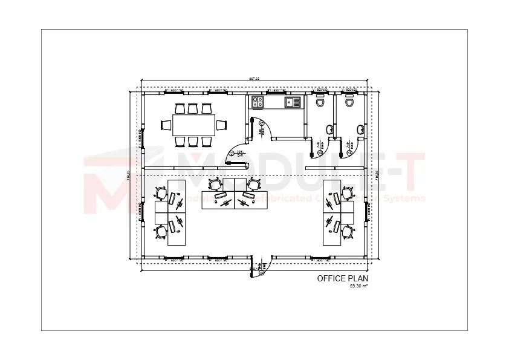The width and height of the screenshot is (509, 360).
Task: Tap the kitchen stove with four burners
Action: point(258,102)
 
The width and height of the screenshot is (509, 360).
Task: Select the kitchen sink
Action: point(293,102)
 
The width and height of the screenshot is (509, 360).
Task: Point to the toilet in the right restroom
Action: point(349,102)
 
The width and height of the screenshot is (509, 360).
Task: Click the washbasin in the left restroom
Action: point(329,129)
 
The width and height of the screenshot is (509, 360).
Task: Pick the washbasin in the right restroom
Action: point(360,128)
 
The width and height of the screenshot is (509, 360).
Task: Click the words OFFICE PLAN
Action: point(342,279)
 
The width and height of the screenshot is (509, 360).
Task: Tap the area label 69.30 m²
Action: point(359,286)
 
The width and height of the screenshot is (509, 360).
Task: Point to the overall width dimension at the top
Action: point(254,79)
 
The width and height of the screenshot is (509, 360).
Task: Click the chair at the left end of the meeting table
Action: point(166,125)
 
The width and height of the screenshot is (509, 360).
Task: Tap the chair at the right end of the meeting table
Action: point(221,125)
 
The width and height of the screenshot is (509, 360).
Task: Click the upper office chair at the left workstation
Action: point(161,193)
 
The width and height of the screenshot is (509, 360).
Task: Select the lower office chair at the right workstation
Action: point(348,232)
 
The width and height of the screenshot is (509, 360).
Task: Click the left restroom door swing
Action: point(317,145)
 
